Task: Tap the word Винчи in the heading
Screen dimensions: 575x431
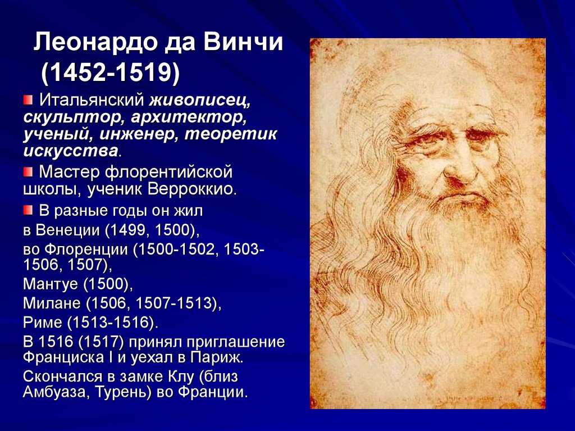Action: [x=243, y=42]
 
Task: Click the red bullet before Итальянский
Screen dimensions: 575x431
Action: [x=28, y=99]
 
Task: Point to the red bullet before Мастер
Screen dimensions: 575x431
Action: [x=28, y=171]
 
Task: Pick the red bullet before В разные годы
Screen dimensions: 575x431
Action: [x=28, y=210]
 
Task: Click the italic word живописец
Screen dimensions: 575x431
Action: [x=200, y=100]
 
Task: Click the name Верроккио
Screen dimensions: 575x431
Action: [x=192, y=189]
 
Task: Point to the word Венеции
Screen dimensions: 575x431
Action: [x=68, y=230]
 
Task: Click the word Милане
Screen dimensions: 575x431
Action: [x=52, y=303]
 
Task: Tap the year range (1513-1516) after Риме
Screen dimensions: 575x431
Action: [x=112, y=323]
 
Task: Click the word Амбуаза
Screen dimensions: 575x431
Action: [x=57, y=392]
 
